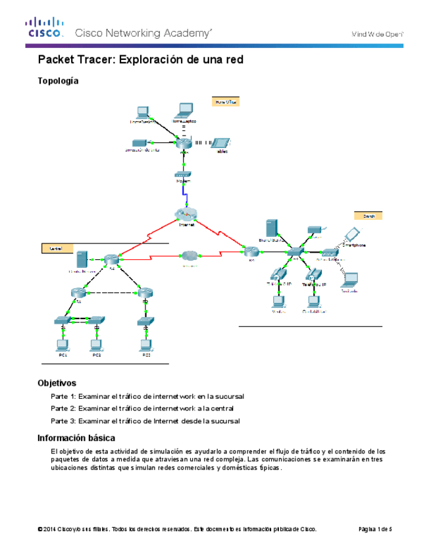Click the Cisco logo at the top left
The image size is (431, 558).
pos(45,28)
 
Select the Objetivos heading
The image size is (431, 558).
pos(57,383)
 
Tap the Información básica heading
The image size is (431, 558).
pos(76,438)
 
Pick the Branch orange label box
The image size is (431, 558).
pos(368,215)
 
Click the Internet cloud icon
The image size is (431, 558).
pos(186,214)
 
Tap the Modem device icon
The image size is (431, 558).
pos(184,174)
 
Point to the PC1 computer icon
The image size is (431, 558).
pos(63,344)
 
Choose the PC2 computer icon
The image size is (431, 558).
pos(96,344)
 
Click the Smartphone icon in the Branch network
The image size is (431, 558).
pos(352,234)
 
